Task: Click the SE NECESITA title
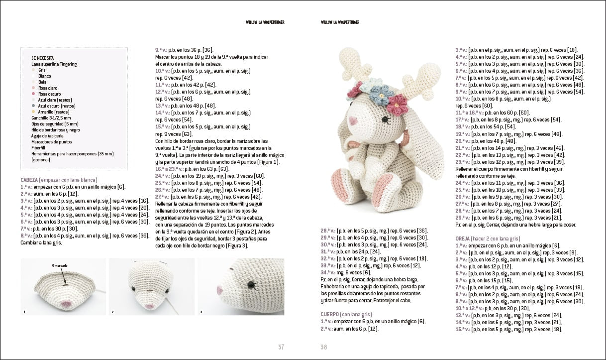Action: tap(42, 58)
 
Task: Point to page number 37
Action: tap(281, 347)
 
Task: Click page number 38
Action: tap(324, 347)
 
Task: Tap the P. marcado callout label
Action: tap(59, 266)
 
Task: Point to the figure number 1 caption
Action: tap(23, 312)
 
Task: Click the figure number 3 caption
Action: tap(201, 312)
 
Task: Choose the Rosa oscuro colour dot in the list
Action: tap(33, 94)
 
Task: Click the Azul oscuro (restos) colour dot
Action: tap(33, 106)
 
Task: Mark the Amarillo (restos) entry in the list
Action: tap(52, 112)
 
